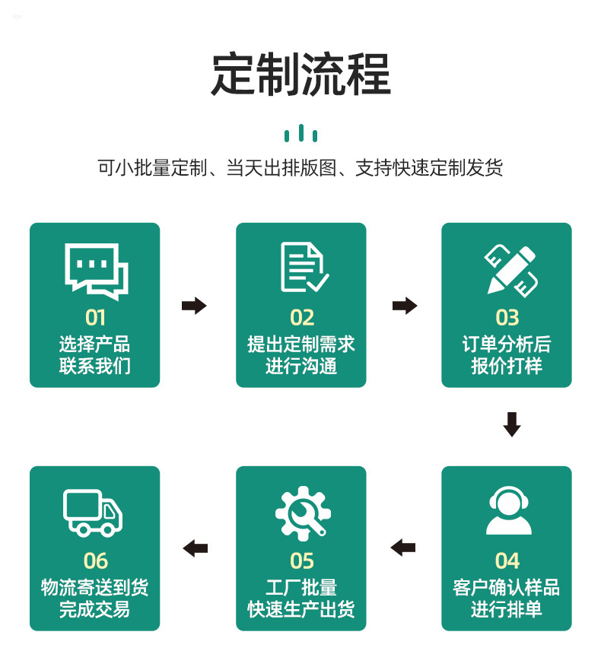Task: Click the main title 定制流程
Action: [x=300, y=74]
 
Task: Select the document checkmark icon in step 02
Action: [x=302, y=268]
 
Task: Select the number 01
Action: [x=95, y=317]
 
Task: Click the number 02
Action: [x=302, y=317]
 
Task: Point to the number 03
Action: [x=507, y=317]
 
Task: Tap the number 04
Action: [x=507, y=561]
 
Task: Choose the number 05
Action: [x=302, y=561]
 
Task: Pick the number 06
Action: [x=96, y=561]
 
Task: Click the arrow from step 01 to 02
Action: [x=194, y=306]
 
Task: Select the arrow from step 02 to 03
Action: [x=405, y=306]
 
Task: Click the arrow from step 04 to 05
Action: [x=403, y=547]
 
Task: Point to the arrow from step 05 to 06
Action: [x=196, y=547]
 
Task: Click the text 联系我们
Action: [x=95, y=366]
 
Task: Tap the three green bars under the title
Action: [x=300, y=135]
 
